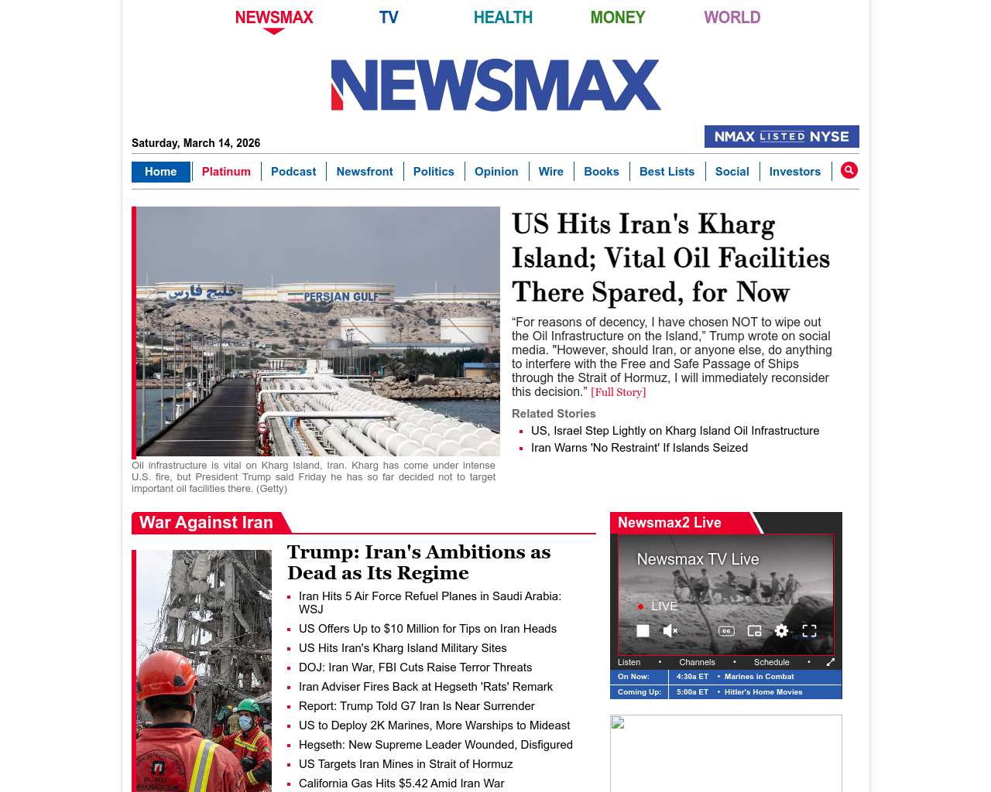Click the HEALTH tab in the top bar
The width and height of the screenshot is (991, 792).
click(502, 17)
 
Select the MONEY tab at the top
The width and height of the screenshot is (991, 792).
click(617, 17)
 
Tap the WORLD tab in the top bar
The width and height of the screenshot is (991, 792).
click(732, 17)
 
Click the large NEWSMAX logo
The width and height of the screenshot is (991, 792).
click(495, 85)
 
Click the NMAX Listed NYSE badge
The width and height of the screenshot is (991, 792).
click(781, 136)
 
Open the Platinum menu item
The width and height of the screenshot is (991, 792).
click(226, 172)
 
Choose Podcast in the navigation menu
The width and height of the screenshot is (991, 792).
click(293, 172)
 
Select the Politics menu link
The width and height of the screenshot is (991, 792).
click(434, 172)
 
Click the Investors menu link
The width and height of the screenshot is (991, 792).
click(794, 172)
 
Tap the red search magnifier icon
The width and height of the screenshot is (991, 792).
click(849, 170)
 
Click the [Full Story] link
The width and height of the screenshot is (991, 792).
click(618, 392)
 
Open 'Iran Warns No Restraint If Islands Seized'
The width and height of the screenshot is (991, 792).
click(640, 448)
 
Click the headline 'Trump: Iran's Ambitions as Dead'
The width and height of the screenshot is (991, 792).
click(419, 562)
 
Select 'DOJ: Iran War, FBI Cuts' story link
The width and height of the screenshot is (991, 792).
click(415, 667)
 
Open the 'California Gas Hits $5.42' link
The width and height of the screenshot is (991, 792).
click(401, 783)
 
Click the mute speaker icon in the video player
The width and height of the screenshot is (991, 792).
click(670, 631)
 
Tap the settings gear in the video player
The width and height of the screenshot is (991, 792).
click(781, 631)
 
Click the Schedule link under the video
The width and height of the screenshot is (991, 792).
click(771, 662)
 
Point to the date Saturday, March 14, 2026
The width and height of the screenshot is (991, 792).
click(196, 143)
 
